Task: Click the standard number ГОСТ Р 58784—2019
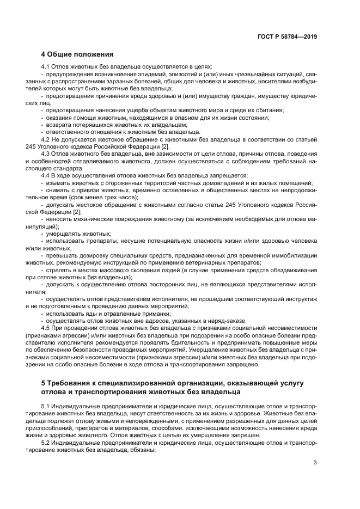(x=288, y=38)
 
